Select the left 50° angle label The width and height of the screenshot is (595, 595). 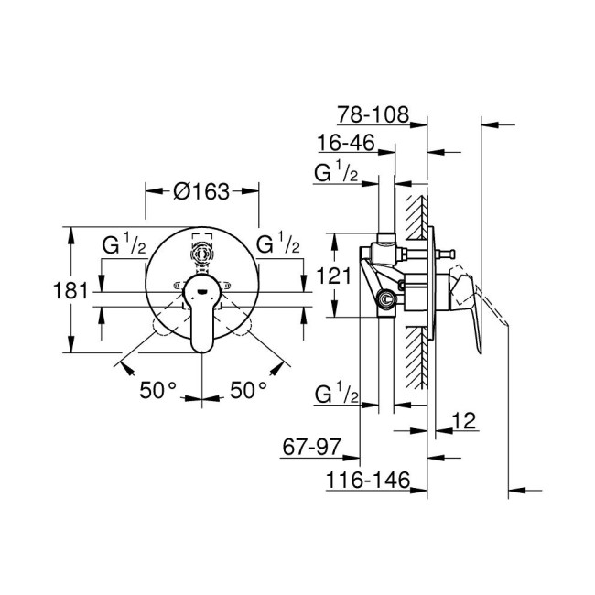pyautogui.click(x=157, y=390)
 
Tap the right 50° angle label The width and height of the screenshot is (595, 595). pyautogui.click(x=247, y=390)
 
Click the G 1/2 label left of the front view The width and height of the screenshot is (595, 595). pyautogui.click(x=121, y=246)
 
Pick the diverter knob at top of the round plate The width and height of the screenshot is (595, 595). pyautogui.click(x=201, y=252)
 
